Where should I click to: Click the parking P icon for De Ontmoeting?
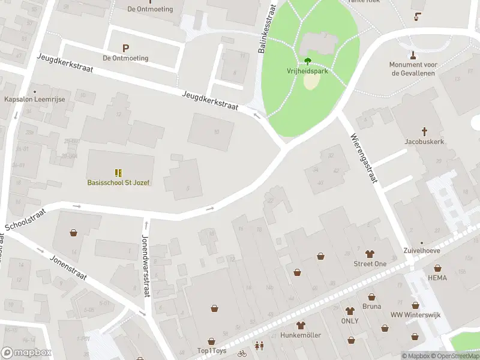125,48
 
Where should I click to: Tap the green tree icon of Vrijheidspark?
308,61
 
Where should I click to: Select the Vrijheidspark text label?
308,70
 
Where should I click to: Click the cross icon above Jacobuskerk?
425,131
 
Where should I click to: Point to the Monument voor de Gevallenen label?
414,69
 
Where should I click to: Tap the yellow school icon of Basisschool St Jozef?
118,172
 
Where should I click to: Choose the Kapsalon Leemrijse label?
34,99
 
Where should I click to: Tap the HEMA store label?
437,278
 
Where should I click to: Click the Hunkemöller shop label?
301,335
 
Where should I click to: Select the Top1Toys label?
212,350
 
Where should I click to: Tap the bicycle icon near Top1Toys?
241,354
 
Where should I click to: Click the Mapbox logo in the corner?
26,353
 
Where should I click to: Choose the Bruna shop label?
371,306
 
